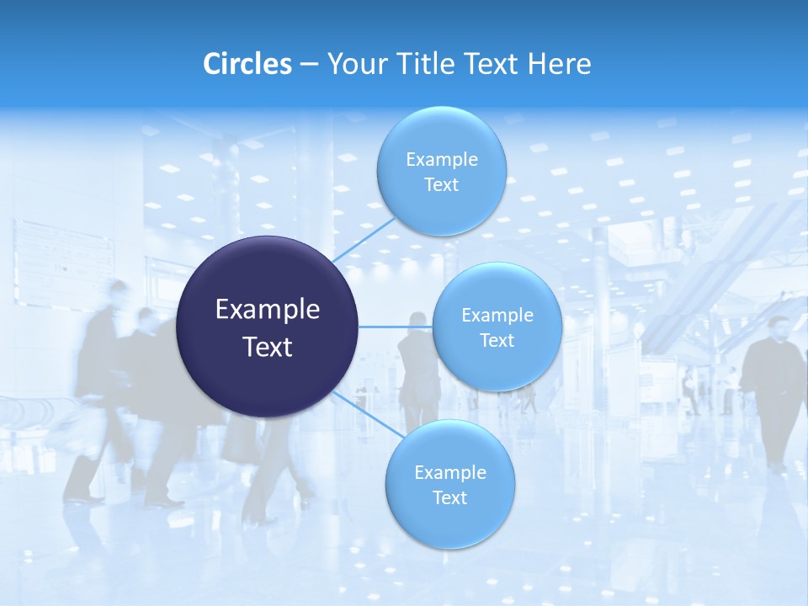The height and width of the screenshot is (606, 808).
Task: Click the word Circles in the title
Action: [247, 64]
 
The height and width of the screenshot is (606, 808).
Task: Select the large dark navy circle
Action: [268, 327]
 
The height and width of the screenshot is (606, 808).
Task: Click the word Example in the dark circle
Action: [268, 310]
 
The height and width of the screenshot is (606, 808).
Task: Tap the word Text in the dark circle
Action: [268, 347]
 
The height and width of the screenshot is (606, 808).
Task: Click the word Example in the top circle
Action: [441, 160]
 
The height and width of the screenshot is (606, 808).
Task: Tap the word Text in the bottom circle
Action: [449, 498]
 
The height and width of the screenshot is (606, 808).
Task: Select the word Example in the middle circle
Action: [497, 316]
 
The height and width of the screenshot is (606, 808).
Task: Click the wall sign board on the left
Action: [63, 261]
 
